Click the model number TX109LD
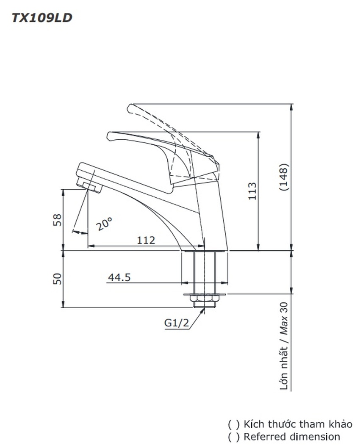tap(42, 18)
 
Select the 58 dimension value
tap(57, 220)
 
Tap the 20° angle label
tap(104, 224)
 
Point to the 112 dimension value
tap(146, 240)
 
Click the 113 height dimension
tap(252, 191)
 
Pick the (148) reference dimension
tap(284, 177)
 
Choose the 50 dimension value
tap(57, 279)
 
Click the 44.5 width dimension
tap(119, 277)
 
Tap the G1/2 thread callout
tap(177, 323)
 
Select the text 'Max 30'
tap(284, 318)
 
